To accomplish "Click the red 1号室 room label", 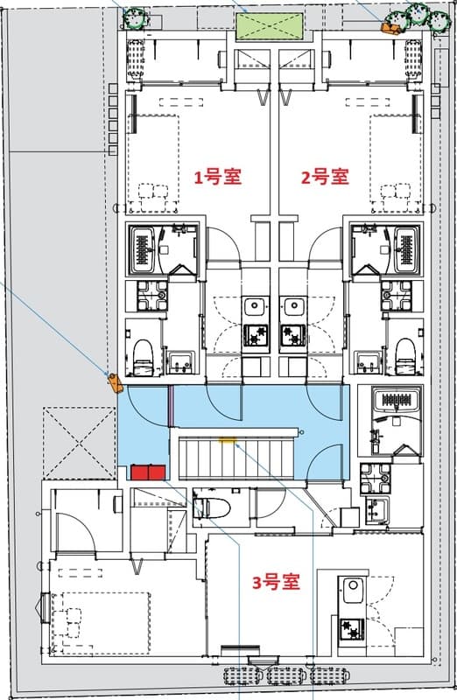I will pyautogui.click(x=217, y=178).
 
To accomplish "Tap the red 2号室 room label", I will pyautogui.click(x=325, y=178).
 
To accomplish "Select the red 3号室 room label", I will pyautogui.click(x=276, y=581).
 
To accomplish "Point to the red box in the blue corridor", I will pyautogui.click(x=148, y=472).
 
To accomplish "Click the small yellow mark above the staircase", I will pyautogui.click(x=229, y=441).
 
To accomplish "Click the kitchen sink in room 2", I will pyautogui.click(x=292, y=307).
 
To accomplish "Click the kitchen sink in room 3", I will pyautogui.click(x=352, y=591).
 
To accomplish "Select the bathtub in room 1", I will pyautogui.click(x=143, y=249).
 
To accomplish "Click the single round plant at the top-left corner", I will pyautogui.click(x=134, y=18).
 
